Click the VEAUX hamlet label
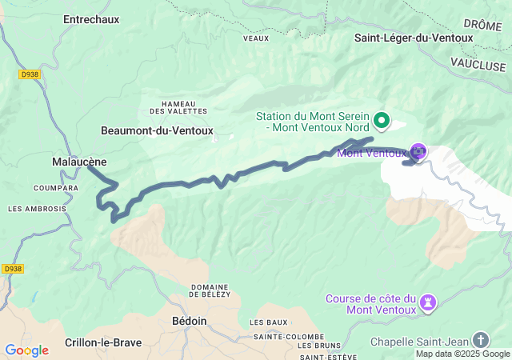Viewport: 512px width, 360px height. point(255,37)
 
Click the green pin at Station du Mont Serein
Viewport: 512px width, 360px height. point(382,121)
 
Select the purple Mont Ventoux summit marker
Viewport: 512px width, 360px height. point(418,150)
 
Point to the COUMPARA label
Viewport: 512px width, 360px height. point(56,188)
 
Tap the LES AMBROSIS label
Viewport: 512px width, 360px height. point(37,209)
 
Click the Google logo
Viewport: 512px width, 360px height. point(26,350)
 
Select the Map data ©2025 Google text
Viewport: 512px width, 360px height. point(462,354)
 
